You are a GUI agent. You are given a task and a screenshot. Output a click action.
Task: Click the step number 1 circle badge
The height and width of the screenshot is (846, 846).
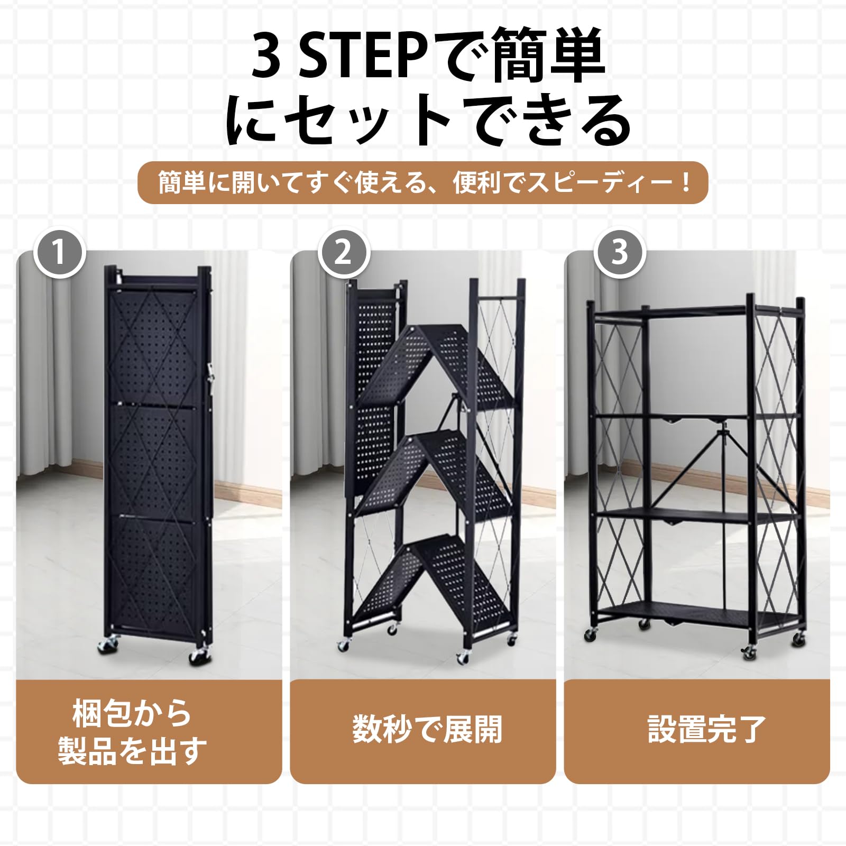pyautogui.click(x=60, y=252)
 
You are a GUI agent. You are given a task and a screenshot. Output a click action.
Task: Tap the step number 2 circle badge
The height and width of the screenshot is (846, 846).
pyautogui.click(x=344, y=252)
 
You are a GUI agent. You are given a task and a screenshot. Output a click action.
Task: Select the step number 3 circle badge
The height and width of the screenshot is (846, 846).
pyautogui.click(x=620, y=252)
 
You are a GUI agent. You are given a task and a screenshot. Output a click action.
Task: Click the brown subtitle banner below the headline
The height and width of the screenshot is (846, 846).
pyautogui.click(x=423, y=183)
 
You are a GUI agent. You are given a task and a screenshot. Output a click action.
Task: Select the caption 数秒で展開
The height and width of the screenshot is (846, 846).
pyautogui.click(x=427, y=730)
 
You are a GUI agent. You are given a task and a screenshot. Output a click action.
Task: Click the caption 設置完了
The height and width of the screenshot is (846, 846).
pyautogui.click(x=706, y=730)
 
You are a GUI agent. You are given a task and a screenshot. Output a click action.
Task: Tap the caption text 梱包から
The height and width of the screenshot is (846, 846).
pyautogui.click(x=132, y=713)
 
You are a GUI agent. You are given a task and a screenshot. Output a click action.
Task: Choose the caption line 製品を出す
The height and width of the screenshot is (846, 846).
pyautogui.click(x=132, y=751)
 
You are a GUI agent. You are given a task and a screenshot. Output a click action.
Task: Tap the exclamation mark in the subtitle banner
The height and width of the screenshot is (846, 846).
pyautogui.click(x=686, y=183)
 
